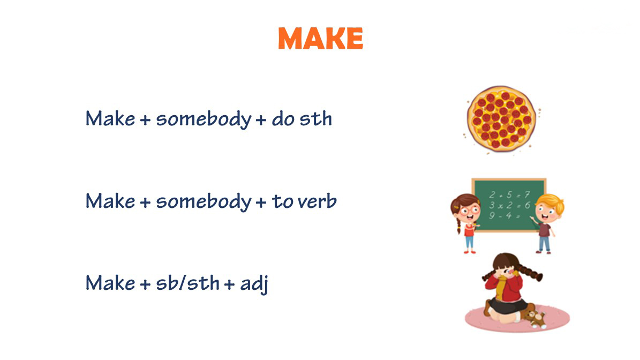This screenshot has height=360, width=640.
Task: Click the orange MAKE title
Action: [x=320, y=39]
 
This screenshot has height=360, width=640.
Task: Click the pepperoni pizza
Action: [x=501, y=118]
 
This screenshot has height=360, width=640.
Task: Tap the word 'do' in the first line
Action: [x=283, y=119]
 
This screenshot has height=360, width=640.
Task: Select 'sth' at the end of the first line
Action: [x=316, y=119]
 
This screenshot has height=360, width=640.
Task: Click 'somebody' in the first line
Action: [x=204, y=119]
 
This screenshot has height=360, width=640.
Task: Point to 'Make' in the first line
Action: [x=110, y=119]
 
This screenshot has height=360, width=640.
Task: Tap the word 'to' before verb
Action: [x=282, y=201]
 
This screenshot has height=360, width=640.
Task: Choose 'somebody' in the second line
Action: [x=204, y=202]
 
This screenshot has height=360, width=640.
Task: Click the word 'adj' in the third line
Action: [x=254, y=284]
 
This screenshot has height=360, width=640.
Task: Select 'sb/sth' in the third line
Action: [x=188, y=283]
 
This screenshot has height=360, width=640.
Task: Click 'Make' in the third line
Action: [x=110, y=283]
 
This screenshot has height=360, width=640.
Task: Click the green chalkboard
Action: [x=509, y=205]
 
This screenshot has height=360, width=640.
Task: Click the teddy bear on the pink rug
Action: [x=534, y=318]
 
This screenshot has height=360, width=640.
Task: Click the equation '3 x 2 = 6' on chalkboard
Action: [x=509, y=205]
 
